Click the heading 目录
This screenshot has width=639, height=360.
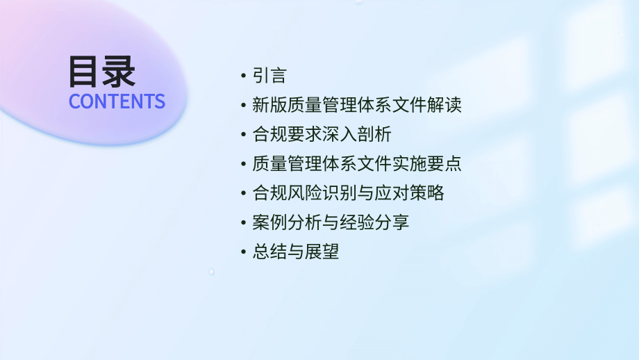click(x=101, y=72)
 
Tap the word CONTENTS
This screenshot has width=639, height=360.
click(x=117, y=101)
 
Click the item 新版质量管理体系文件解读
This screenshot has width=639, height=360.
click(x=356, y=106)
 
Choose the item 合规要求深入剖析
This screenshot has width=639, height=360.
click(x=321, y=135)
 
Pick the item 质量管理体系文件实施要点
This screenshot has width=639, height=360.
click(x=356, y=164)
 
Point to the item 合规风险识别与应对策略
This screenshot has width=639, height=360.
click(x=347, y=193)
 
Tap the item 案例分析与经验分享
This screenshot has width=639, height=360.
click(x=330, y=222)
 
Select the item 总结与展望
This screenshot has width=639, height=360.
click(x=295, y=252)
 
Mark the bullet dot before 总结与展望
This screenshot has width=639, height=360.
click(x=242, y=252)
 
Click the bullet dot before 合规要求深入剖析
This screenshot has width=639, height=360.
click(x=242, y=135)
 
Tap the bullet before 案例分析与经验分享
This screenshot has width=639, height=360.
click(x=242, y=222)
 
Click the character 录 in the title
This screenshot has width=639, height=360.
click(x=118, y=72)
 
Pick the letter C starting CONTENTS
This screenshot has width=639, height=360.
click(x=74, y=101)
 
